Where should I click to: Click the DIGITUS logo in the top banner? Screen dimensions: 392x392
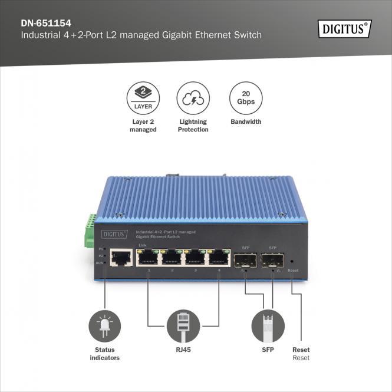pyautogui.click(x=345, y=28)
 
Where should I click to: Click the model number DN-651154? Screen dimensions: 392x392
pyautogui.click(x=45, y=24)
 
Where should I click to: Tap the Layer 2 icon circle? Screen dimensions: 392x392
pyautogui.click(x=143, y=98)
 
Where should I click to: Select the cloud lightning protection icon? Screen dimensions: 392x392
pyautogui.click(x=193, y=98)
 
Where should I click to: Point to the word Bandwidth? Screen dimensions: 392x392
pyautogui.click(x=245, y=122)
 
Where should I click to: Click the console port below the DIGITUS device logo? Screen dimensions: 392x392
pyautogui.click(x=121, y=258)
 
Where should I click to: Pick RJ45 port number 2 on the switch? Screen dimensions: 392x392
pyautogui.click(x=172, y=257)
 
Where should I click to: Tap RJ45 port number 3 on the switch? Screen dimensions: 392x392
pyautogui.click(x=195, y=257)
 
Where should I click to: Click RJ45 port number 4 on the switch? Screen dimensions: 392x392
pyautogui.click(x=218, y=257)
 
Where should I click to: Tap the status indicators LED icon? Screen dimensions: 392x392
pyautogui.click(x=104, y=326)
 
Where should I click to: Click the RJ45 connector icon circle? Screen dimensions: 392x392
pyautogui.click(x=183, y=326)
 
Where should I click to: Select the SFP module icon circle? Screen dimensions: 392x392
pyautogui.click(x=268, y=326)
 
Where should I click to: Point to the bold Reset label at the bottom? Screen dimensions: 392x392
pyautogui.click(x=301, y=350)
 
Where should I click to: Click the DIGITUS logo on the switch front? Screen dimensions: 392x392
pyautogui.click(x=115, y=234)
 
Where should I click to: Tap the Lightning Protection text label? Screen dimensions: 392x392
pyautogui.click(x=193, y=126)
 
